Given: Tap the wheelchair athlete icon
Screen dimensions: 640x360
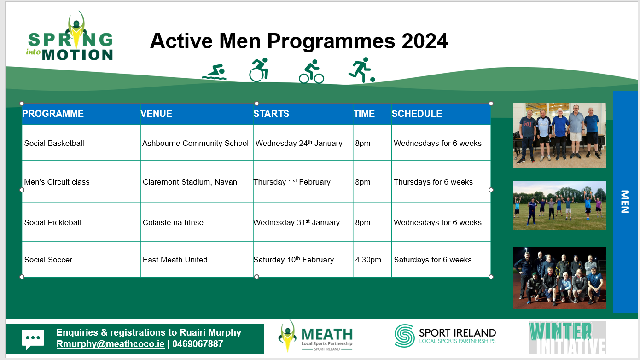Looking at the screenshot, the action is (x=258, y=70).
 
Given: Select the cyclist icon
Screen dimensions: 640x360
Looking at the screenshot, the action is (x=311, y=71).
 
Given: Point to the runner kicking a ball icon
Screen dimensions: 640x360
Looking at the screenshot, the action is (x=361, y=70).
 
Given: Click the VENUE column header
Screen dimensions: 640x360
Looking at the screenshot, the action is (x=156, y=114).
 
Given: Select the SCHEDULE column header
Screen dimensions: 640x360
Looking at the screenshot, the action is (x=417, y=114).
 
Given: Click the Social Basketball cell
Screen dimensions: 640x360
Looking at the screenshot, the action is (x=54, y=143).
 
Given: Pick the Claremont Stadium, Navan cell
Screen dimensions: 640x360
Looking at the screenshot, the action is (x=190, y=182).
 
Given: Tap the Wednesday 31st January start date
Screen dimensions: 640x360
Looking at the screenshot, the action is (x=297, y=222).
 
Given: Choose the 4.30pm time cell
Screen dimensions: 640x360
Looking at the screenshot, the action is (x=368, y=260).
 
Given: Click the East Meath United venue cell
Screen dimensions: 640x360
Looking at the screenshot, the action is (x=175, y=260).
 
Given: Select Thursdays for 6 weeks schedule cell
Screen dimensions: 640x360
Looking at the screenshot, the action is (x=433, y=182).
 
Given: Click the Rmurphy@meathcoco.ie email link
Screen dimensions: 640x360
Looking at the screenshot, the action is (x=111, y=344).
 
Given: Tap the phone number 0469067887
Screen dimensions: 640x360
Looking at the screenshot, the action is (x=198, y=344).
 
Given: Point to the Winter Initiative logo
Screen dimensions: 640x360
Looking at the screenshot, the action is (x=567, y=338).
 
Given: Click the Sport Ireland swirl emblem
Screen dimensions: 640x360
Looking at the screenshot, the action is (x=404, y=336).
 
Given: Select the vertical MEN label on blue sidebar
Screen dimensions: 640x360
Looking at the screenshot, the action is (x=625, y=202).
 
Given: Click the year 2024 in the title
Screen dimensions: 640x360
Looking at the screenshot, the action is (x=425, y=41).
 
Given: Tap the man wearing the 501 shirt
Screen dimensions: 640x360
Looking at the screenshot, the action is (x=527, y=137).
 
